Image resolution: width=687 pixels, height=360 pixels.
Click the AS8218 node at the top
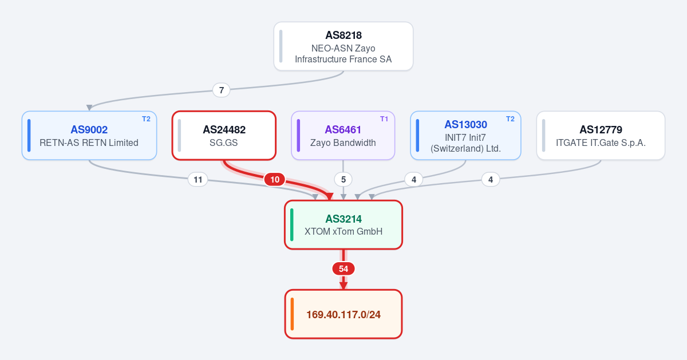point(343,46)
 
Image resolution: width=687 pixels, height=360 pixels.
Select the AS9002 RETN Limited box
point(89,136)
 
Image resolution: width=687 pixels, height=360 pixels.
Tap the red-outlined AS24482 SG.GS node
point(224,136)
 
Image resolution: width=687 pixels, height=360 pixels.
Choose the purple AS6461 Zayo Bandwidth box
point(343,136)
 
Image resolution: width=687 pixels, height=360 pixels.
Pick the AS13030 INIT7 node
point(465,136)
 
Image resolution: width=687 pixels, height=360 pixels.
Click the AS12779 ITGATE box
point(601,136)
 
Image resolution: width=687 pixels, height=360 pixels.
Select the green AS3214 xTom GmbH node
point(343,225)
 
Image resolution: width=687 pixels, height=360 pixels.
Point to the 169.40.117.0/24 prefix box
point(343,314)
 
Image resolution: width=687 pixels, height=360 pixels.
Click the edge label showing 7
point(221,90)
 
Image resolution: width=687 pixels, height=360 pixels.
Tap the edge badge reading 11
point(198,179)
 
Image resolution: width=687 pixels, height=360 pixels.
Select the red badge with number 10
point(275,179)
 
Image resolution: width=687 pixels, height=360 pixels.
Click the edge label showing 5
point(343,179)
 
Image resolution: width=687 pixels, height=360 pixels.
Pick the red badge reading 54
point(343,268)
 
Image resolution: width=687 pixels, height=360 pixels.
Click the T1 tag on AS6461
point(384,119)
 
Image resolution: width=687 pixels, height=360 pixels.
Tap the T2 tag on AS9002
point(147,119)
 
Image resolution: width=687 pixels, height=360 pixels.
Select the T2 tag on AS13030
point(510,119)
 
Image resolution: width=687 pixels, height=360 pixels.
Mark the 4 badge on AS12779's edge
point(491,179)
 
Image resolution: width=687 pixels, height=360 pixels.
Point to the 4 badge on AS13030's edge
point(414,179)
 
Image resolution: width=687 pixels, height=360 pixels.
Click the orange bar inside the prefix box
point(293,314)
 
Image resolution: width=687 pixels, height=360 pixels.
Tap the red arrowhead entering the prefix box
point(343,286)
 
